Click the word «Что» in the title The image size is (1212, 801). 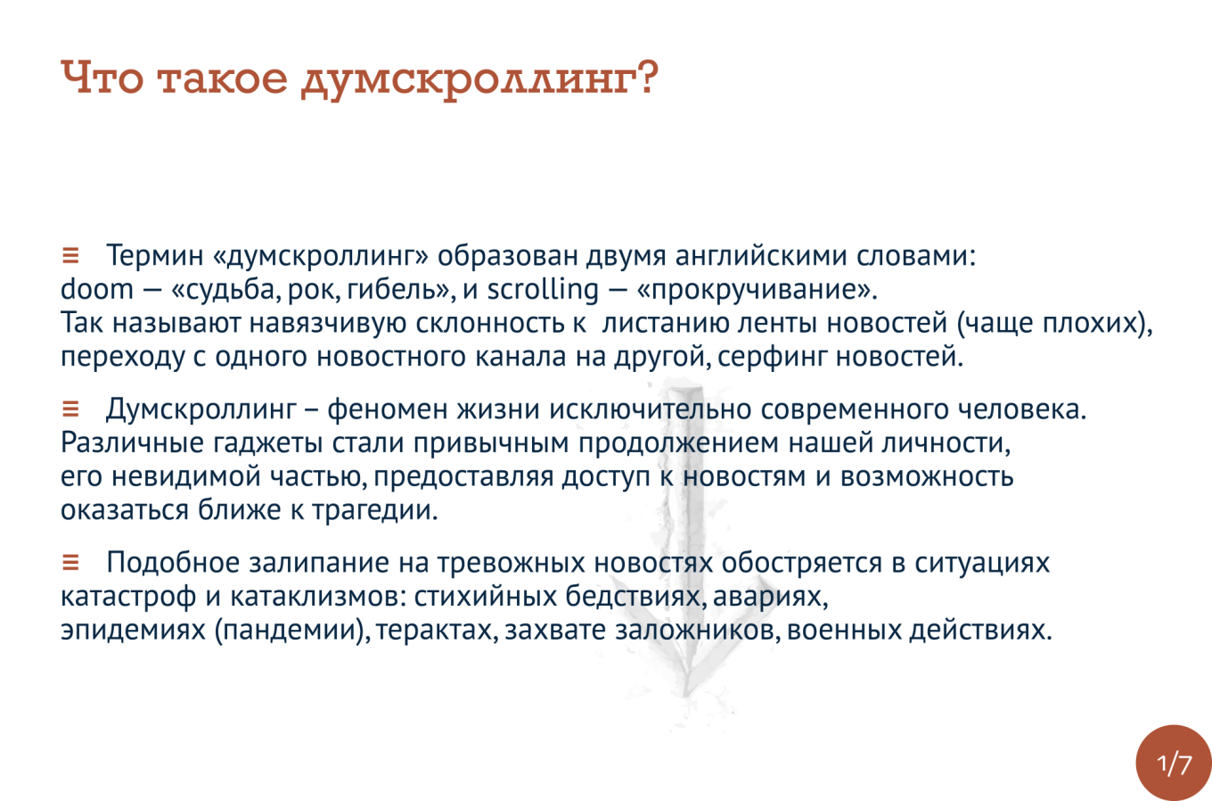point(102,78)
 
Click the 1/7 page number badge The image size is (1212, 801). point(1174,763)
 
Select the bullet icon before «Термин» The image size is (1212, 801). point(70,255)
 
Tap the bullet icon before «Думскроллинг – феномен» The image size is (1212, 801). point(70,409)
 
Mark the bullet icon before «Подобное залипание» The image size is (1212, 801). point(70,562)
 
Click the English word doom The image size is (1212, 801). point(97,289)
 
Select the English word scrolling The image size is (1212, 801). point(544,290)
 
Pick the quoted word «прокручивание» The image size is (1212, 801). point(757,290)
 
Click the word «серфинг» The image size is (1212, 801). point(773,358)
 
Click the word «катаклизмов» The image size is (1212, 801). point(318,597)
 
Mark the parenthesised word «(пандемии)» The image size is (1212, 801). point(292,631)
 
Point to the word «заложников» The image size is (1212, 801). point(698,631)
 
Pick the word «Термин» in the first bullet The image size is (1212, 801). point(155,256)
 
